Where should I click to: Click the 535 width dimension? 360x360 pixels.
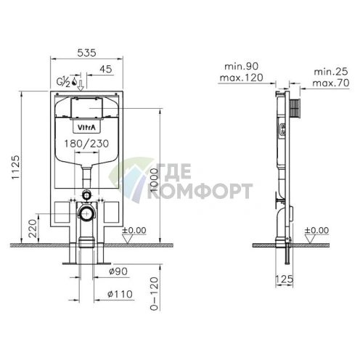[86, 53]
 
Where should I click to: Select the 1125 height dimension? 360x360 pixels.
[16, 167]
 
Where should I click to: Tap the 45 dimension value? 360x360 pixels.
[106, 69]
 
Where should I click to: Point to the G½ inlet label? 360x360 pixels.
[63, 82]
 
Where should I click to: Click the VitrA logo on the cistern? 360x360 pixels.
[86, 127]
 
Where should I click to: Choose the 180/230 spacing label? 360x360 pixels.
[86, 144]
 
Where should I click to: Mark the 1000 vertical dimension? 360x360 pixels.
[154, 180]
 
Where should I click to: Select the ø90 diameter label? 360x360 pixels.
[118, 271]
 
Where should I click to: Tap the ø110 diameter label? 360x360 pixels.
[120, 294]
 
